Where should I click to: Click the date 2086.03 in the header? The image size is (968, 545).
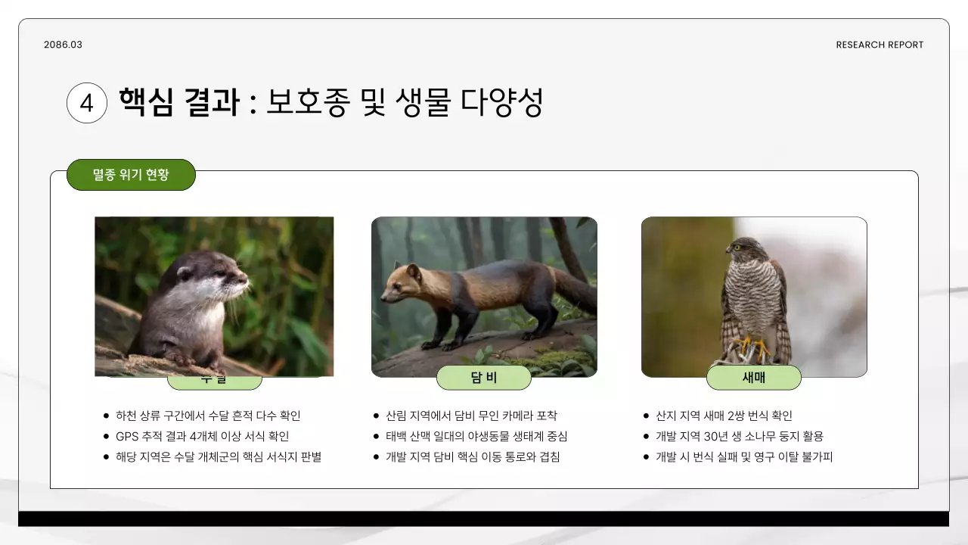[x=63, y=45]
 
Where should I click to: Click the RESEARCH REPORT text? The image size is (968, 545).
[x=880, y=45]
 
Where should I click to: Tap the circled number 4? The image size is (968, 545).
[x=86, y=103]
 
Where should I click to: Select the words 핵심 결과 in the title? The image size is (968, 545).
[x=178, y=102]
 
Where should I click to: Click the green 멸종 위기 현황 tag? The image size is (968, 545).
[x=131, y=175]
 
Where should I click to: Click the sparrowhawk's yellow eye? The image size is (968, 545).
[x=738, y=247]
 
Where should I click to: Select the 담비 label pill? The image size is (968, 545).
[x=484, y=378]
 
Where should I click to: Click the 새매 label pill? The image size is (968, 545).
[x=753, y=378]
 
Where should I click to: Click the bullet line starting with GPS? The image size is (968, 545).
[x=202, y=436]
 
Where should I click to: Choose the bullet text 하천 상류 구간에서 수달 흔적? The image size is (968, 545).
[x=208, y=416]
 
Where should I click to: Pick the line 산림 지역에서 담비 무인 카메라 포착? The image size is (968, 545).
[x=471, y=416]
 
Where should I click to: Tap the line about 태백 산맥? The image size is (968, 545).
[x=476, y=436]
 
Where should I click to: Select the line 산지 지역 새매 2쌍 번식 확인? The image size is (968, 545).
[x=724, y=416]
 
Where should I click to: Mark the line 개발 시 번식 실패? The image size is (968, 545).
[x=743, y=456]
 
